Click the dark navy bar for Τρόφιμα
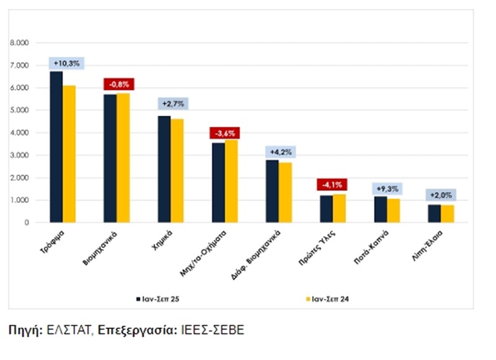point(56,147)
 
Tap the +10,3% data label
point(67,63)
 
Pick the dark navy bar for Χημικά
point(164,169)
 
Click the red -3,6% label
point(224,133)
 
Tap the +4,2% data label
point(281,151)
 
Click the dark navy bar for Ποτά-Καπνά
point(380,209)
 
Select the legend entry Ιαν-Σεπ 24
point(328,299)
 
